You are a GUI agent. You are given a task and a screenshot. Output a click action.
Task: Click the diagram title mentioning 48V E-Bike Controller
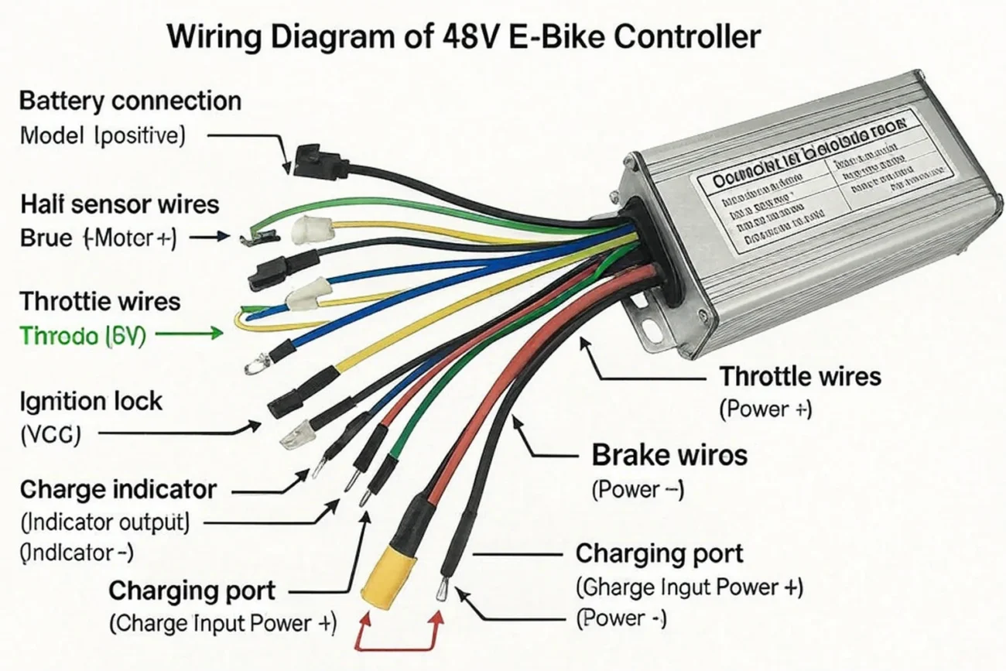pos(464,36)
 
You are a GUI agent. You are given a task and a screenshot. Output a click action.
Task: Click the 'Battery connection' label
pos(130,101)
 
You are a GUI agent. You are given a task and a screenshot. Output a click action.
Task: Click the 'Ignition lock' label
pos(91,401)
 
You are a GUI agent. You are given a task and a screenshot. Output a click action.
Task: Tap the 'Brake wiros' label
pos(669,455)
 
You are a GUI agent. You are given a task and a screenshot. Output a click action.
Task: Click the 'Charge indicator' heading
pos(118,489)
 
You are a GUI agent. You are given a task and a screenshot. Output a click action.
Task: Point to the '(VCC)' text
pos(50,435)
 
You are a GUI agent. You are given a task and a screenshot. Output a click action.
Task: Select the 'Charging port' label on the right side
pos(659,553)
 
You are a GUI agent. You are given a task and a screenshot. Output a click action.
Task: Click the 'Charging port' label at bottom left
pos(191,591)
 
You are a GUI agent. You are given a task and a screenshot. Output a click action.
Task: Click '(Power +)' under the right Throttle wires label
pos(765,409)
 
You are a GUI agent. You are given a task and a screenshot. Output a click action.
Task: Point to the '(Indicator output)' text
pos(104,522)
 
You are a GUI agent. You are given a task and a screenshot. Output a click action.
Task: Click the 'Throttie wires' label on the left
pos(100,300)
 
